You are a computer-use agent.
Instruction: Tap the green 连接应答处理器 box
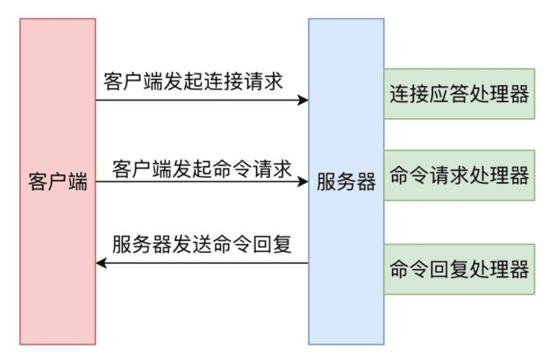pyautogui.click(x=459, y=94)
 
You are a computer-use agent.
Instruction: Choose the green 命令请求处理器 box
pyautogui.click(x=459, y=175)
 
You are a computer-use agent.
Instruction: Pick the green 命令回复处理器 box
pyautogui.click(x=459, y=269)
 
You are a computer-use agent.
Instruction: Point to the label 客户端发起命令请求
pyautogui.click(x=201, y=168)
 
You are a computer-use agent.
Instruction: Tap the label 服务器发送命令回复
pyautogui.click(x=201, y=244)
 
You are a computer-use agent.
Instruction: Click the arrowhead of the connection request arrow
pyautogui.click(x=302, y=100)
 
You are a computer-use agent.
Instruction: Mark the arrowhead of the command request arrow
pyautogui.click(x=302, y=183)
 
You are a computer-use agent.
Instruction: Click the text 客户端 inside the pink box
pyautogui.click(x=58, y=183)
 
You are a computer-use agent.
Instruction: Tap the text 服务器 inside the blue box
pyautogui.click(x=346, y=183)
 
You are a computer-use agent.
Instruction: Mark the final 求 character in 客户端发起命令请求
pyautogui.click(x=282, y=168)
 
